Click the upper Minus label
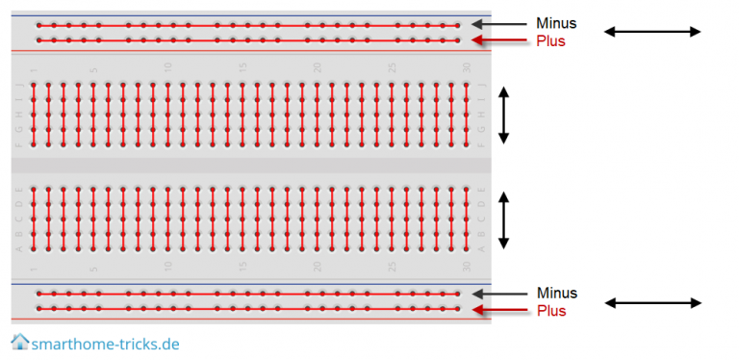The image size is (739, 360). click(x=557, y=23)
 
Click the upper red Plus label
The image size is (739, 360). click(x=551, y=41)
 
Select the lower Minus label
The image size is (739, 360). click(x=557, y=293)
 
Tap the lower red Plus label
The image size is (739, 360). click(x=551, y=311)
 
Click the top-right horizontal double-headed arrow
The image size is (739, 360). click(x=652, y=32)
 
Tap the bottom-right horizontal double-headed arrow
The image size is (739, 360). click(x=652, y=303)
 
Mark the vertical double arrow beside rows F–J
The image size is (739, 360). click(x=503, y=115)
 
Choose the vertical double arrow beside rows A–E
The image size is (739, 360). click(x=503, y=218)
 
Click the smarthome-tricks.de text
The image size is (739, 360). click(x=105, y=344)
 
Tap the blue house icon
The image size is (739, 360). click(x=19, y=342)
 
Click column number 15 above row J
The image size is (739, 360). click(x=242, y=67)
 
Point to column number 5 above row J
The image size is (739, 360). click(x=93, y=68)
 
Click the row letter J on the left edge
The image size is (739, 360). click(x=18, y=85)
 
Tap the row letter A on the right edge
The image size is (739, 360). click(x=482, y=247)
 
